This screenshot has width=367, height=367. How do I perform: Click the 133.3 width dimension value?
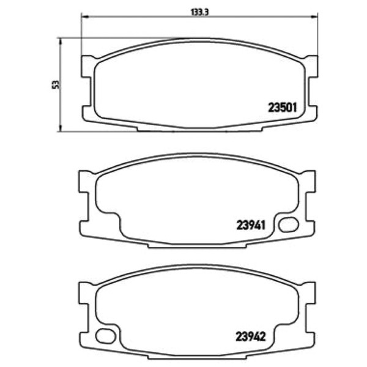pos(199,12)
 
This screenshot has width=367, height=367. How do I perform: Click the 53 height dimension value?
pos(56,84)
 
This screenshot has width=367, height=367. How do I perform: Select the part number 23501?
pos(282,108)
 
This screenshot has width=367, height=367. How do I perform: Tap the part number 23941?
pos(251,225)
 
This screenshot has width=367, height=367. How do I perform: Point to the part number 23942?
pos(250,336)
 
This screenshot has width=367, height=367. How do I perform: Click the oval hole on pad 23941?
pos(288,224)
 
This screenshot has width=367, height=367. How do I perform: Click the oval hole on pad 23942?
pos(106,336)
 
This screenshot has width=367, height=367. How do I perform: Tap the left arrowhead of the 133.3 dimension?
pos(84,17)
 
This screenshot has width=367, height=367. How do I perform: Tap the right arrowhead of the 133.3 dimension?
pos(315,17)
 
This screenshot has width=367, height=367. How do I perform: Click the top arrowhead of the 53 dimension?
pos(61,41)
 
